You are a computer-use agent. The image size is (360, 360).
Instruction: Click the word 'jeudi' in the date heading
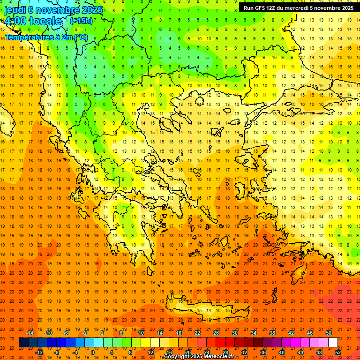coord(15,10)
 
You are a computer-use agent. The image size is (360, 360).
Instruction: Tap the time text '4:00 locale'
coord(33,21)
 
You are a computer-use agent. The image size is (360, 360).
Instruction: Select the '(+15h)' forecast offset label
coord(81,21)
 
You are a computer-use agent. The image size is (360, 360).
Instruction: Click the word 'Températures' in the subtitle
coord(29,37)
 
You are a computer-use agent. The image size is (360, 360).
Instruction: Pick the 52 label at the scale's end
coord(338,352)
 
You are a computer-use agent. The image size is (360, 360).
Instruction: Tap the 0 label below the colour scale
coord(92,352)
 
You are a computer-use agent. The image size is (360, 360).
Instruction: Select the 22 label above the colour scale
coord(198,333)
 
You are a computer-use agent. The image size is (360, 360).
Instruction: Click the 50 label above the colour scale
coord(329,333)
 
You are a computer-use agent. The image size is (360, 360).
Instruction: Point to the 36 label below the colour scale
coord(263,352)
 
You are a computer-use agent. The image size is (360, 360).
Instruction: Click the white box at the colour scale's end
coord(333,343)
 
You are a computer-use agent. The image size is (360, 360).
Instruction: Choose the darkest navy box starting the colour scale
coord(23,343)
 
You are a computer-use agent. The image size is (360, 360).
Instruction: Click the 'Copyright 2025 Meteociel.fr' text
coord(199,357)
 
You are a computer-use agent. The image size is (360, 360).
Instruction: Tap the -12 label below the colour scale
coord(39,352)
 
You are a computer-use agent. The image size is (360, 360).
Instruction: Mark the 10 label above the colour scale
coord(141,333)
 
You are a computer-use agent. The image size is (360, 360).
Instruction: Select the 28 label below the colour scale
coord(225,352)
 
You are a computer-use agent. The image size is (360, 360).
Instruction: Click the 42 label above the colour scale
coord(291,333)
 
